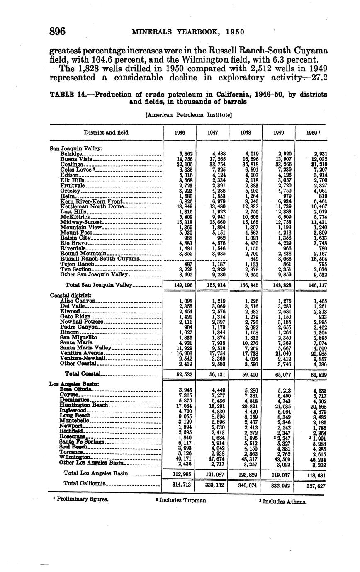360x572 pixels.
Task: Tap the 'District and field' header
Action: pyautogui.click(x=106, y=133)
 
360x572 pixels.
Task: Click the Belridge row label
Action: pyautogui.click(x=71, y=153)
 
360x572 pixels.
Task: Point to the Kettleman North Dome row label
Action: pyautogui.click(x=92, y=206)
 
